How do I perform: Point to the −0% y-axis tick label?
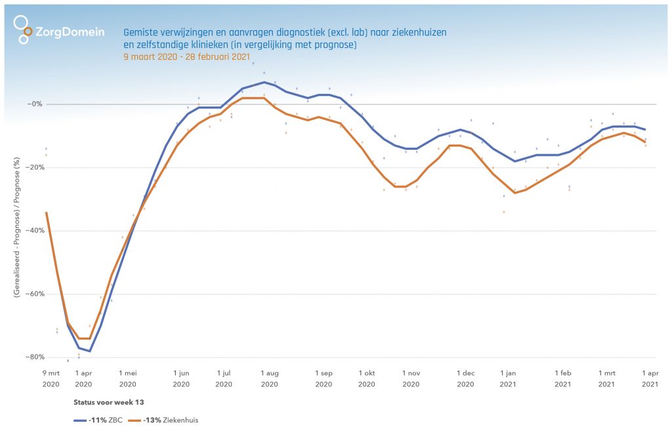(34, 104)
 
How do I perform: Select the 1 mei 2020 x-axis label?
(128, 378)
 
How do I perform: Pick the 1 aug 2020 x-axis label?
(269, 378)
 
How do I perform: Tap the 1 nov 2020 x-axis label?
(411, 378)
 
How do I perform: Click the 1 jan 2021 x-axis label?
(508, 378)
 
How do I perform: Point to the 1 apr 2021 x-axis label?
(650, 378)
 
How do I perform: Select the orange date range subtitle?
(187, 56)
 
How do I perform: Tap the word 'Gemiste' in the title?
(140, 32)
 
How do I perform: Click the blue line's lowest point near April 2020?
(90, 351)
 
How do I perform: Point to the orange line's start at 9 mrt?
(46, 213)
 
